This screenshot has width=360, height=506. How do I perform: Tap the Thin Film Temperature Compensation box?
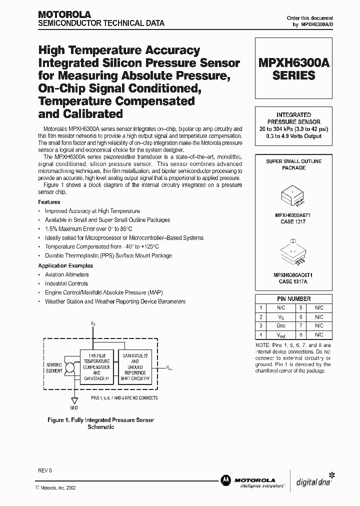pos(96,366)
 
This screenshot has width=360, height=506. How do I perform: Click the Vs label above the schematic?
pos(93,323)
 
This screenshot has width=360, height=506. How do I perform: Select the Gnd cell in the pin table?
pos(281,325)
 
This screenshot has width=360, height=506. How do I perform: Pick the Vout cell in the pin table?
pos(281,334)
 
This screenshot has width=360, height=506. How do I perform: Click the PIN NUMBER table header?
pos(293,298)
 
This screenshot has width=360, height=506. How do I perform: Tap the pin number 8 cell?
pos(301,334)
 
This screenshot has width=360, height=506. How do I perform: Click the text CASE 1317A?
pos(293,281)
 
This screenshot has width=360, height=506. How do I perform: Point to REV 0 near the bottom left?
pos(45,471)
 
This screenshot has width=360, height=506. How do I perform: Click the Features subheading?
pos(49,202)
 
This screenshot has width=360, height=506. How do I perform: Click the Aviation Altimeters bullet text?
pos(67,274)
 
